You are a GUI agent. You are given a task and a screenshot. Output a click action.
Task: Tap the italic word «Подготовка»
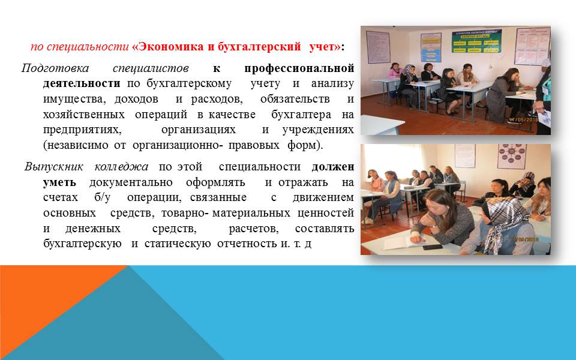point(55,68)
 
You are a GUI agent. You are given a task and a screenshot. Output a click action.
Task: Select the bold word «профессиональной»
point(299,68)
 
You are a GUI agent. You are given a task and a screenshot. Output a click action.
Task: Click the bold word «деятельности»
point(82,83)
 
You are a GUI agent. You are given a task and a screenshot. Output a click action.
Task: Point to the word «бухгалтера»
point(301,115)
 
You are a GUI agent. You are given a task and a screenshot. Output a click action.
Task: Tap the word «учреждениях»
point(318,130)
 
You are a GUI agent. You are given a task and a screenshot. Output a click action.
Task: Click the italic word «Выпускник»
point(53,167)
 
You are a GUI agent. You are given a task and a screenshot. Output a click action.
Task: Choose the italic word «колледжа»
point(121,167)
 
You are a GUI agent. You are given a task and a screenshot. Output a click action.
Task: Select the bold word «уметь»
point(59,182)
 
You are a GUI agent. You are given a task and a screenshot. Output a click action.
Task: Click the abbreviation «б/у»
point(102,197)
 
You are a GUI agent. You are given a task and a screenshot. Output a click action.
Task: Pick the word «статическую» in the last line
point(178,244)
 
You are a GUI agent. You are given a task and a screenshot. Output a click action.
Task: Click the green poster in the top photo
point(476,41)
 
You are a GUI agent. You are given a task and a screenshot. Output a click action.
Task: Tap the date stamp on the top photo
point(523,119)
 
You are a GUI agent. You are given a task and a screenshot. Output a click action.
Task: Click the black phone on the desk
point(432,247)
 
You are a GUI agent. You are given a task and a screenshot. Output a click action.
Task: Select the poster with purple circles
point(512,156)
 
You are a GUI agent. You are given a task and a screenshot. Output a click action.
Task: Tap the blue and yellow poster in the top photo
point(431,47)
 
